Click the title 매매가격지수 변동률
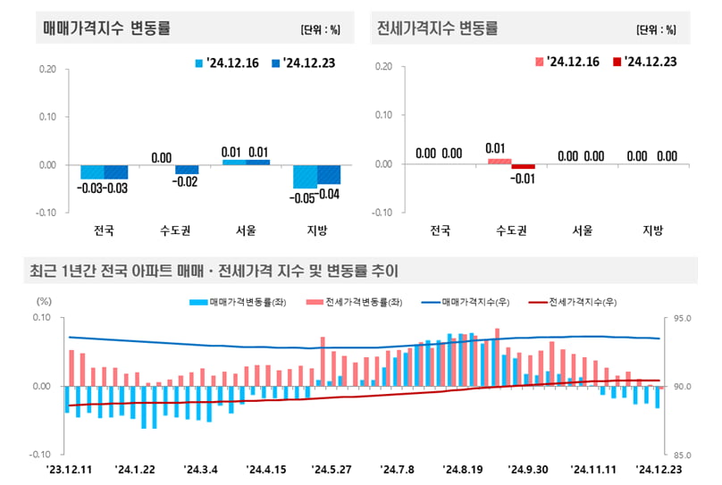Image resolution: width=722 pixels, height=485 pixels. pos(106,28)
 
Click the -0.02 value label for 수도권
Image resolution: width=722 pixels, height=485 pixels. pos(188,181)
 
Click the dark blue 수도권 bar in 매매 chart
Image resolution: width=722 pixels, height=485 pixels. pos(187,169)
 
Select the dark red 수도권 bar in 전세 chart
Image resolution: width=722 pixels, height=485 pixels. pos(523,166)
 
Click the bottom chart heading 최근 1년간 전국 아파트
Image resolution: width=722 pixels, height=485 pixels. pos(214,270)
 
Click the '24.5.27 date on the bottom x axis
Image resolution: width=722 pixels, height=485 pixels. pos(332,468)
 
